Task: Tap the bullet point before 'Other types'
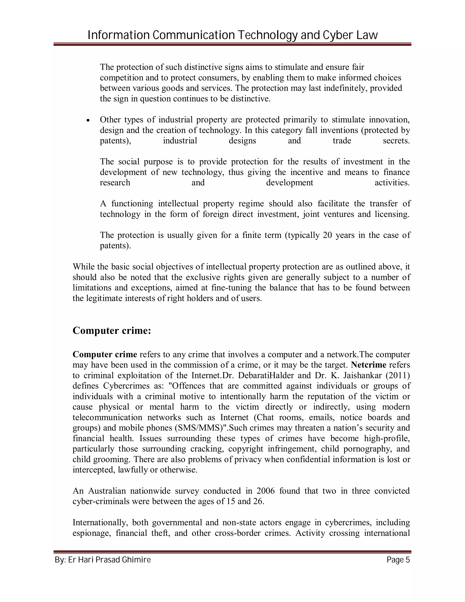pos(88,120)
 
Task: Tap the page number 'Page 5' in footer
pos(398,560)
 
